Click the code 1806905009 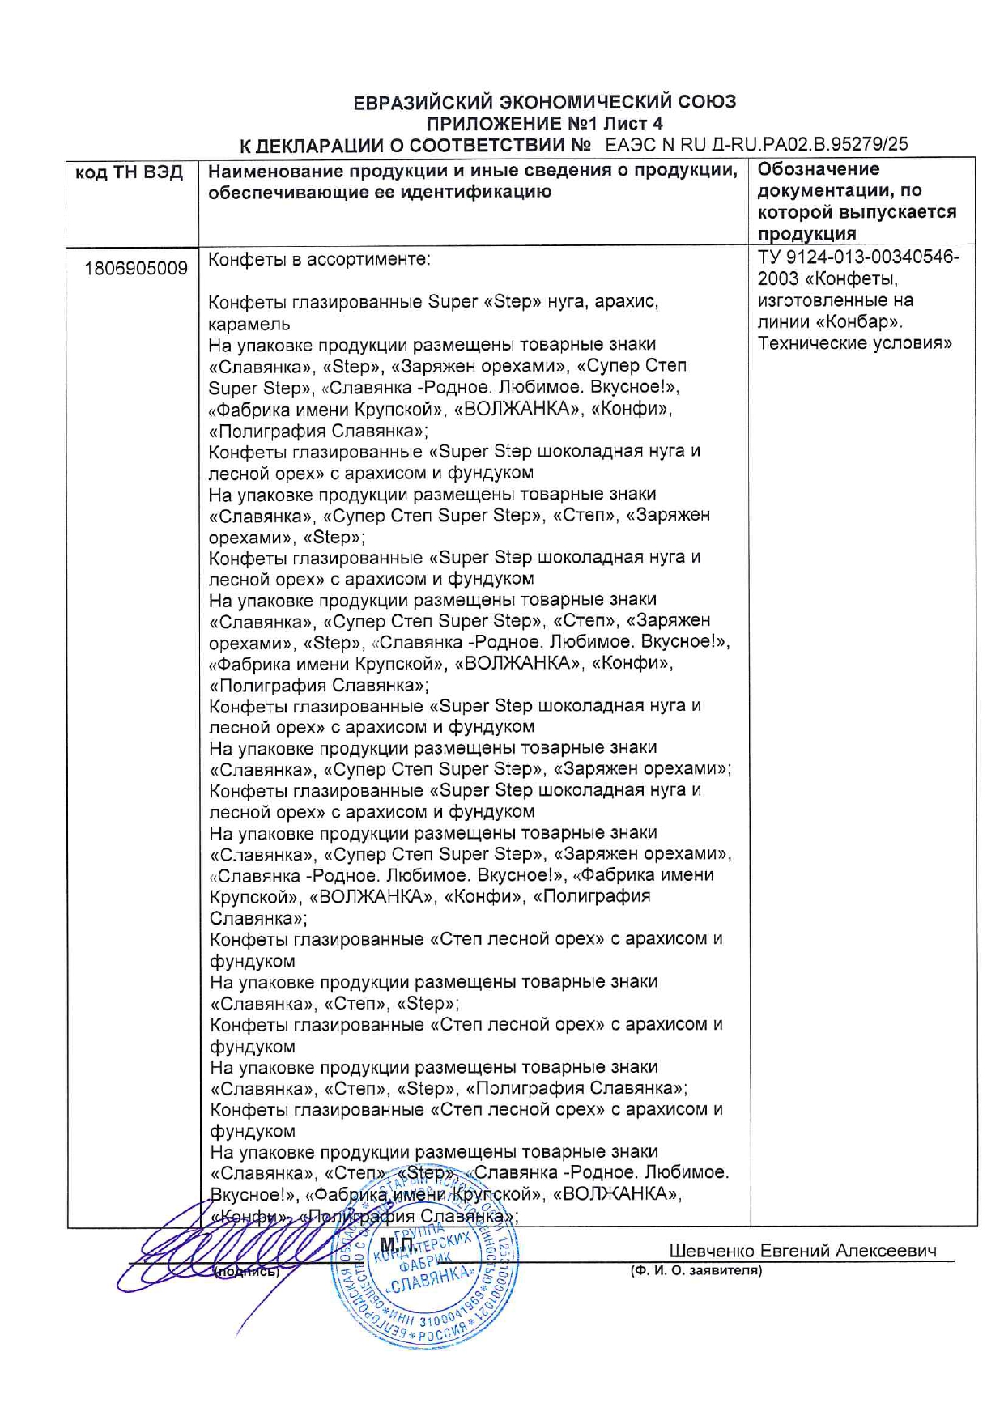(x=136, y=268)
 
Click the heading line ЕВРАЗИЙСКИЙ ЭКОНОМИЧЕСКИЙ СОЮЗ (x=544, y=102)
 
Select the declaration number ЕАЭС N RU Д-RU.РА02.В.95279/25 (x=756, y=145)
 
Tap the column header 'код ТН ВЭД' (x=130, y=172)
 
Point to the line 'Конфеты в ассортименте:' (x=320, y=260)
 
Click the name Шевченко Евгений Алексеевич (x=802, y=1250)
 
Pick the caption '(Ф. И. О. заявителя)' (x=696, y=1270)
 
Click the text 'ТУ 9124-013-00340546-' (x=858, y=257)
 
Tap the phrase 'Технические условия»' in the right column (x=854, y=342)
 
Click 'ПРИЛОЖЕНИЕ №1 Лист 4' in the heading (x=544, y=124)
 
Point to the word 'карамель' (x=249, y=324)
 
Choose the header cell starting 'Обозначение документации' (x=857, y=201)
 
